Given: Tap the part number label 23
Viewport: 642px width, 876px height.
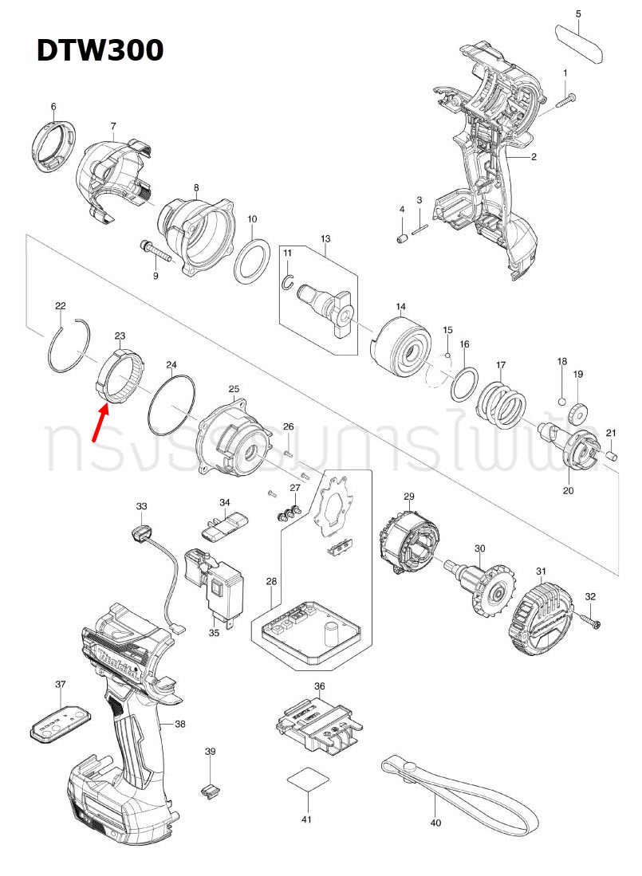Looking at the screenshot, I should pyautogui.click(x=120, y=336).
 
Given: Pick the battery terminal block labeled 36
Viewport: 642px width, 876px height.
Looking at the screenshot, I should pyautogui.click(x=319, y=721).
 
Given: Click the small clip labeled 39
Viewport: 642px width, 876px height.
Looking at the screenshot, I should pyautogui.click(x=210, y=789).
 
